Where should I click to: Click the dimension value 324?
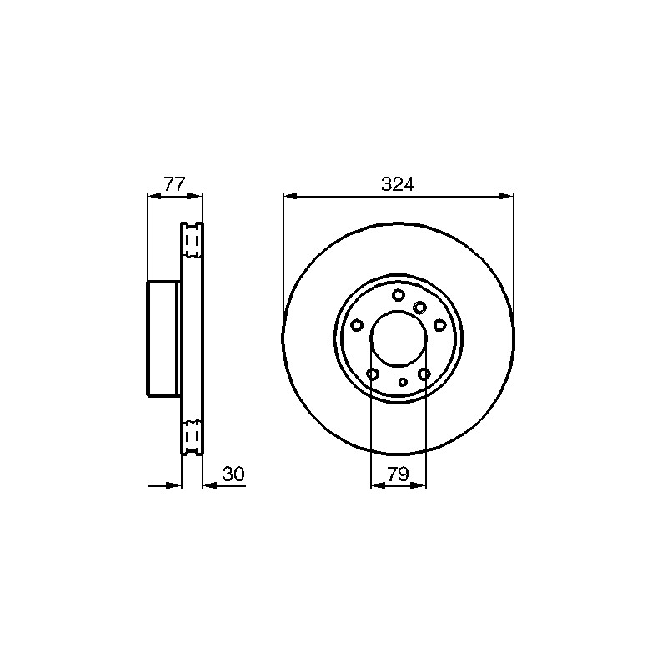click(398, 184)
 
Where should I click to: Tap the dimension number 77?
click(175, 184)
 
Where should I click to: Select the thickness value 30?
click(233, 474)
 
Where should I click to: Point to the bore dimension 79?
click(398, 474)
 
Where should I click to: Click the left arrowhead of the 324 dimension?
click(290, 196)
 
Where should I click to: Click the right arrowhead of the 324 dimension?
click(506, 196)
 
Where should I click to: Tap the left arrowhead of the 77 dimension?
click(154, 196)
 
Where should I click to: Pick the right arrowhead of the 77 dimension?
click(196, 196)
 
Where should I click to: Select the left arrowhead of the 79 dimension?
click(379, 485)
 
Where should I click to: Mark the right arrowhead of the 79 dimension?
click(419, 485)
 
